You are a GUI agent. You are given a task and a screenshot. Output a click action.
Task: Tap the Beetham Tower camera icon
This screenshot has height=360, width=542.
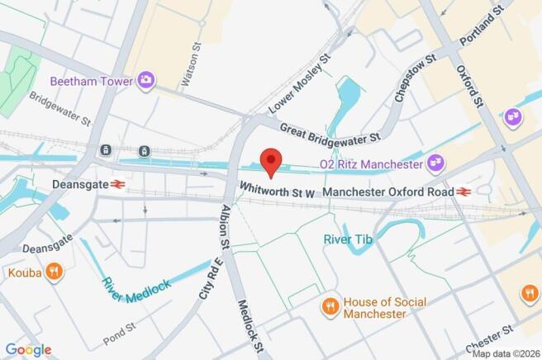147,80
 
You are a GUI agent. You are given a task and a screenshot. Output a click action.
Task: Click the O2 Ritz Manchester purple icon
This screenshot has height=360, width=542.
435,165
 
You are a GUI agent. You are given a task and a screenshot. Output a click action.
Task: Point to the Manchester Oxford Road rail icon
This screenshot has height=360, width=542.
464,192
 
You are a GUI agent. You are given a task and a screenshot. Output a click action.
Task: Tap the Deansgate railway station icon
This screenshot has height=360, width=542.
117,184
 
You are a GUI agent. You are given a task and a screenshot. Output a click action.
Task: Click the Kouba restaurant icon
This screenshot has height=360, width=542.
53,272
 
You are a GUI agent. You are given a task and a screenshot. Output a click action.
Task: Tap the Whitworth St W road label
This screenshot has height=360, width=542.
278,191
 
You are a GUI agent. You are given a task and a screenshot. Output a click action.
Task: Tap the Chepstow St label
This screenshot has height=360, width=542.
416,80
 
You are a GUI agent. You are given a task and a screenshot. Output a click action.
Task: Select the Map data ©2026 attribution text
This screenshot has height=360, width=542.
505,353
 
